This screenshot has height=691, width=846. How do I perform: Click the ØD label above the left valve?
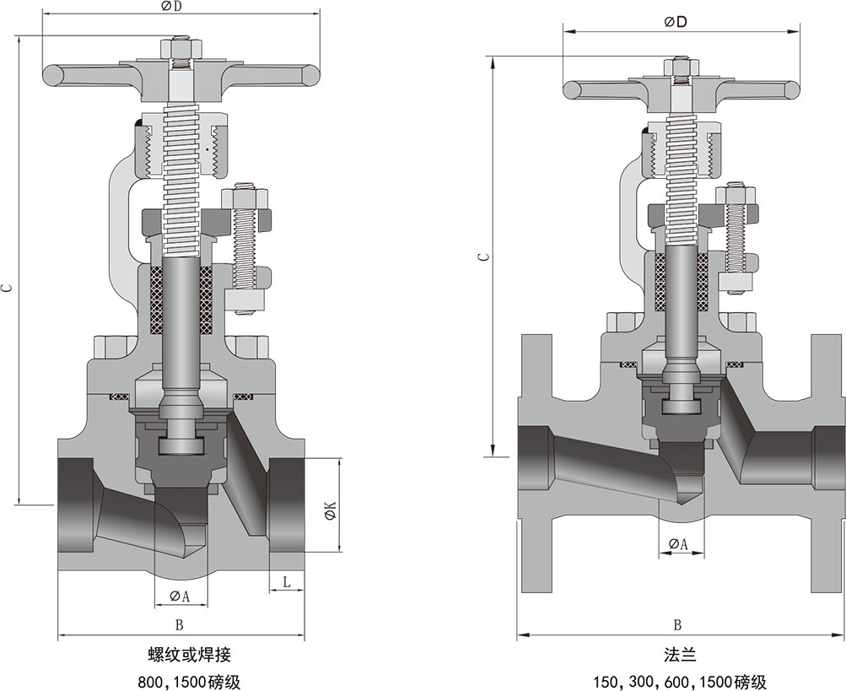point(172,7)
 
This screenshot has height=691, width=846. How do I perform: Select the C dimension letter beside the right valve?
point(481,256)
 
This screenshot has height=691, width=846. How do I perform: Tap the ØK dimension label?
point(331,510)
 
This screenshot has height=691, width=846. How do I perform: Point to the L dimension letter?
point(287,582)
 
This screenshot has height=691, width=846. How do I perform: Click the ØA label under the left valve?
point(180,597)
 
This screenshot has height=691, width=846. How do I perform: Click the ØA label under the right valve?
point(678,545)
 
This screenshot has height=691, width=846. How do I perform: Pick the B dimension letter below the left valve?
point(179,625)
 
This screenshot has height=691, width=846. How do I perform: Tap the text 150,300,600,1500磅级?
point(679,681)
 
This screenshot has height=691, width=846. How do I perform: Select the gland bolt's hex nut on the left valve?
point(245,199)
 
